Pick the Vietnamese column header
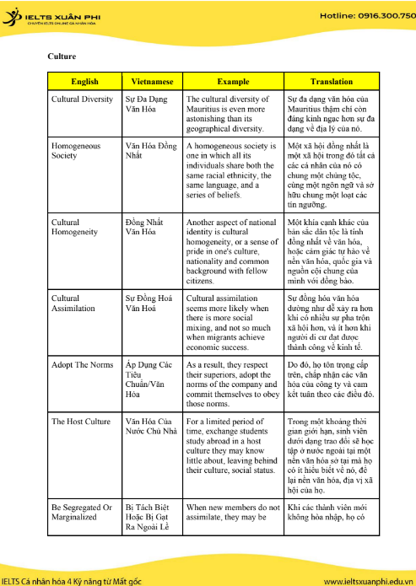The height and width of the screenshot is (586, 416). [152, 82]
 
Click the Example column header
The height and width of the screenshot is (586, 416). [233, 82]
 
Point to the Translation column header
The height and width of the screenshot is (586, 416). [332, 82]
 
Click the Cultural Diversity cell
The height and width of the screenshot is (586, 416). [82, 99]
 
